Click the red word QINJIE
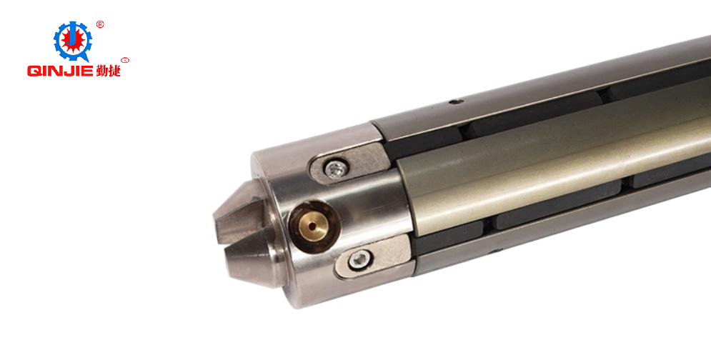[x=60, y=71]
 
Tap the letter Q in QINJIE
[x=33, y=71]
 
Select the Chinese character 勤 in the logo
[x=101, y=70]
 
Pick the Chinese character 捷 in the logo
[x=114, y=70]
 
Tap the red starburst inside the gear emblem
[x=73, y=41]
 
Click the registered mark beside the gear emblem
[x=100, y=24]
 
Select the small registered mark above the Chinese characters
[x=126, y=60]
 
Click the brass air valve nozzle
[x=314, y=226]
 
